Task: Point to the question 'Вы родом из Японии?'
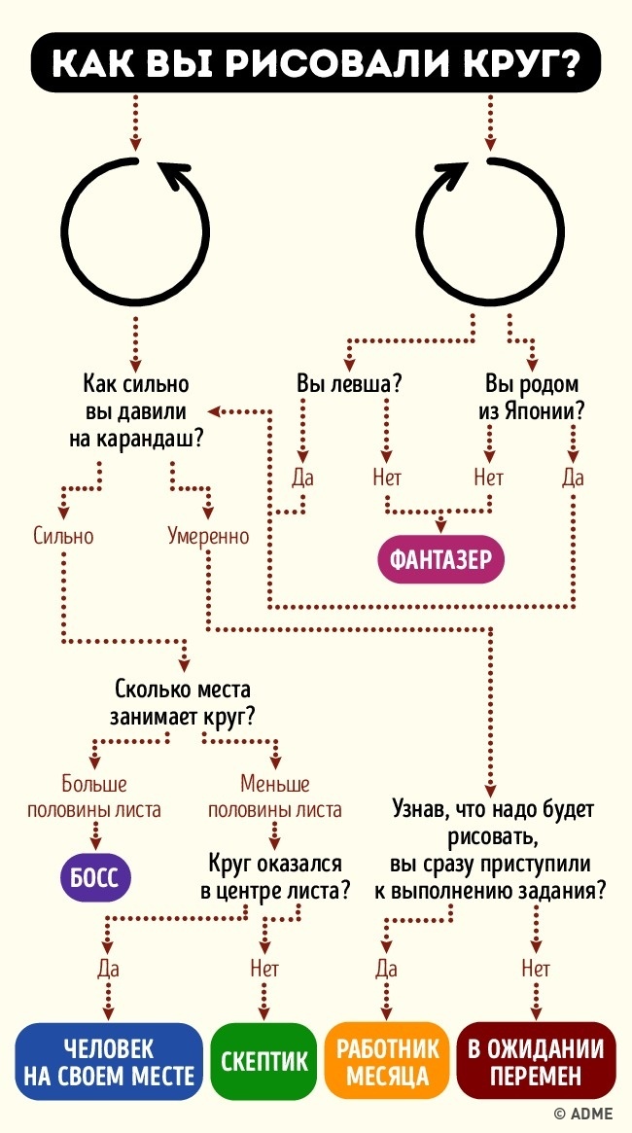[x=531, y=397]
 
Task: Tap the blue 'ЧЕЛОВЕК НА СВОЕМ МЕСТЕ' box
[x=107, y=1063]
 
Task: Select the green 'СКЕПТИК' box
[x=263, y=1063]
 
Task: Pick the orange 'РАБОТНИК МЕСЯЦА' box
[x=387, y=1063]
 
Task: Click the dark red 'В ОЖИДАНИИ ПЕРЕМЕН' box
[x=536, y=1063]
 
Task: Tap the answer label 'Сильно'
[x=62, y=535]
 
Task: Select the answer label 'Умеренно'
[x=207, y=535]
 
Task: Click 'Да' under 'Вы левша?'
[x=302, y=478]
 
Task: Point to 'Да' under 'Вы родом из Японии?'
[x=573, y=478]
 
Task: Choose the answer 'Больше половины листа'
[x=94, y=797]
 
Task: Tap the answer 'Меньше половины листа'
[x=275, y=797]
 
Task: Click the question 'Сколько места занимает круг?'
[x=184, y=704]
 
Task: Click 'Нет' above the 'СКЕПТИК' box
[x=264, y=969]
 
